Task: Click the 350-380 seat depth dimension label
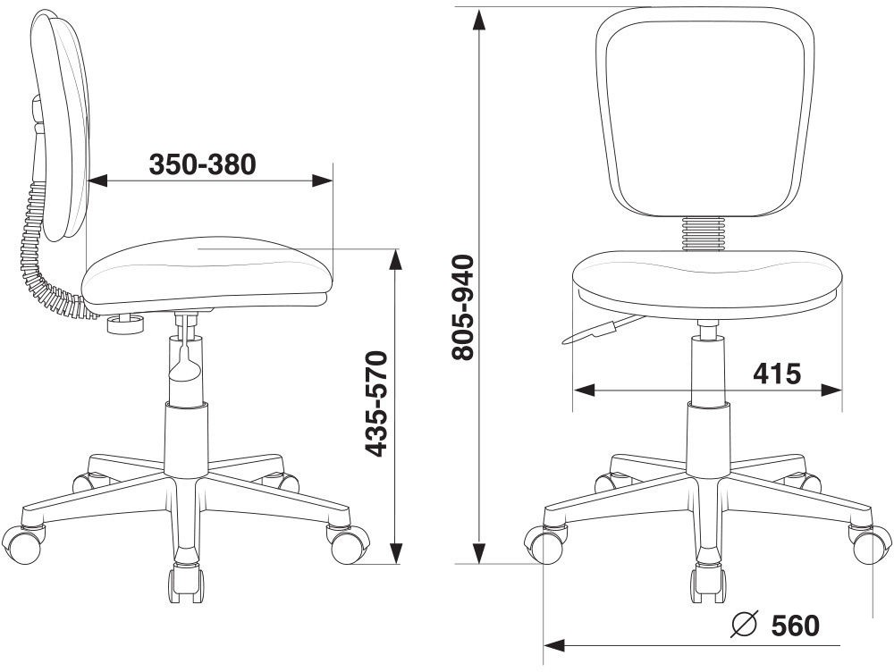(x=202, y=164)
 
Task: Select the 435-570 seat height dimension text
(x=375, y=404)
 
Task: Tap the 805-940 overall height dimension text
(x=462, y=307)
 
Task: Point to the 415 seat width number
(x=777, y=374)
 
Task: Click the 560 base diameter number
(x=796, y=626)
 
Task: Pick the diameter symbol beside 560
(x=744, y=625)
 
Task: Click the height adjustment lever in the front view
(x=602, y=330)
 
